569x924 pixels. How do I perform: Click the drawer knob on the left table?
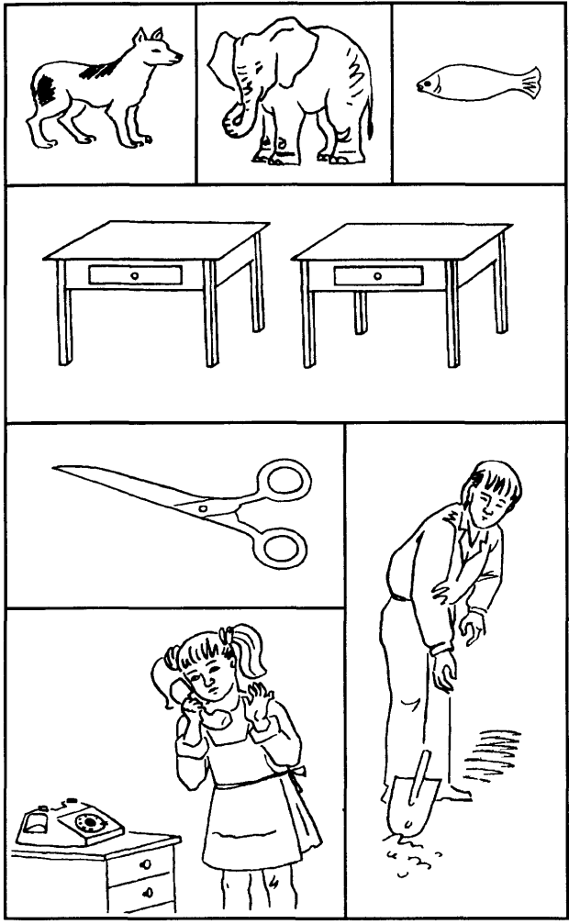click(x=134, y=274)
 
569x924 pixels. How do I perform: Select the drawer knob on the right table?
click(x=377, y=274)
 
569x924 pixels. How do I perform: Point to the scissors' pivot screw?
click(x=204, y=506)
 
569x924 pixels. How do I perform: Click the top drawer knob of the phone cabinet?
click(x=148, y=863)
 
